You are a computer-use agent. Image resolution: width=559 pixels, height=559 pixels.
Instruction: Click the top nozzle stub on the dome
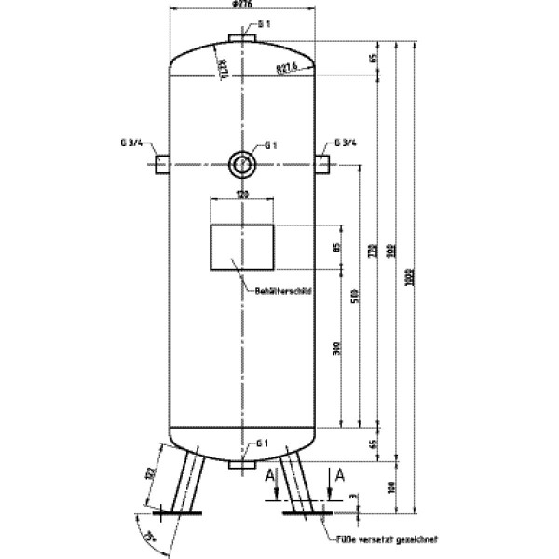tap(241, 38)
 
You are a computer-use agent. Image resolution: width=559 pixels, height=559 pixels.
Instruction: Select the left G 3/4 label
tap(131, 143)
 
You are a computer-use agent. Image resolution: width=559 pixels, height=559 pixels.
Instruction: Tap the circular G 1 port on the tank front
tap(241, 164)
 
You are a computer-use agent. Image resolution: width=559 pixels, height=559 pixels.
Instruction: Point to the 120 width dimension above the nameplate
tap(241, 194)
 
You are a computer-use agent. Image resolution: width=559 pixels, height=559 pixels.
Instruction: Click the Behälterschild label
tap(281, 291)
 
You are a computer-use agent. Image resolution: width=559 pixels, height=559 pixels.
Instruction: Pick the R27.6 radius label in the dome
tap(286, 67)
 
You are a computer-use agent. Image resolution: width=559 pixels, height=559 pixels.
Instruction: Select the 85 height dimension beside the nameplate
tap(337, 248)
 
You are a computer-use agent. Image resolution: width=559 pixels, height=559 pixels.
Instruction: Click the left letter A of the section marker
tap(270, 475)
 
